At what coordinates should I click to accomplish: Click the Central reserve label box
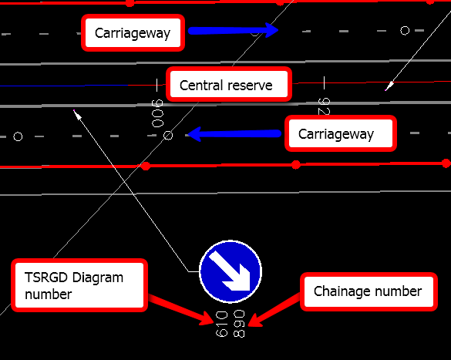point(229,84)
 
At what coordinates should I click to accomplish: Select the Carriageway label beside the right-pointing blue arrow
point(133,33)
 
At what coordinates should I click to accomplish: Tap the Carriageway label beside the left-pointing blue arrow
point(341,133)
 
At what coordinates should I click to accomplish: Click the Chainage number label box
point(369,291)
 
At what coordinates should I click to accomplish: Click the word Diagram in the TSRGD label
point(98,278)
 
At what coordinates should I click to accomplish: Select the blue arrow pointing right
point(234,30)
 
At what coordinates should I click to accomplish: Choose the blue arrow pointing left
point(234,133)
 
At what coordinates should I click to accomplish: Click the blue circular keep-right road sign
point(231,271)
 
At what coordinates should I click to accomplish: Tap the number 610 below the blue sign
point(221,324)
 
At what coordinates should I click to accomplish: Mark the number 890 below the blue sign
point(239,324)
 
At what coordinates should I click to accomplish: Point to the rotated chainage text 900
point(157,113)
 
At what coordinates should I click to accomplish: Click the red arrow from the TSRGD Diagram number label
point(181,310)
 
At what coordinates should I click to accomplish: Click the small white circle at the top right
point(405,31)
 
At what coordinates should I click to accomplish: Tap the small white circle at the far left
point(18,136)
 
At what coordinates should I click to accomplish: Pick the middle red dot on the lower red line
point(296,165)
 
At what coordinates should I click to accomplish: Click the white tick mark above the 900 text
point(157,85)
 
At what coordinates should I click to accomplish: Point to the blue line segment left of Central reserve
point(64,86)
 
